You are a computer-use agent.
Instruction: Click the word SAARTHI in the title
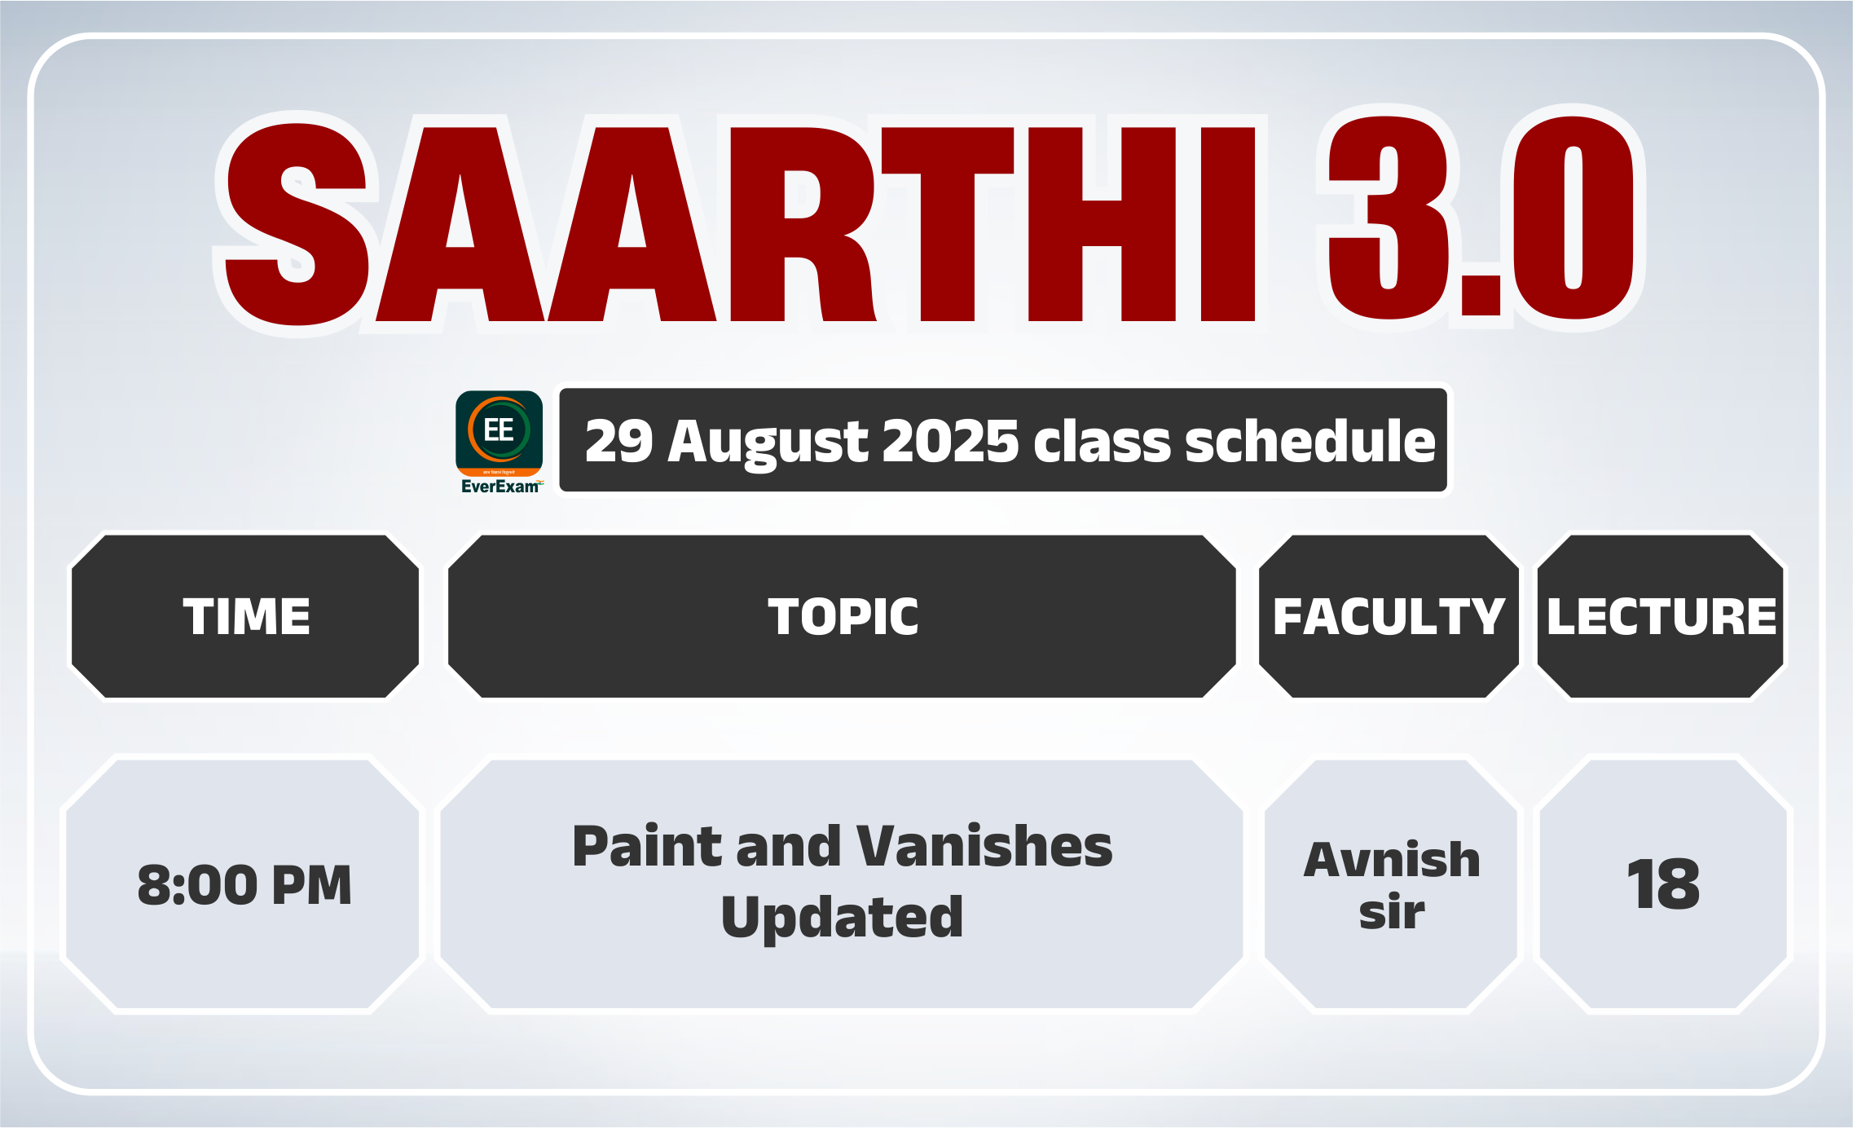pyautogui.click(x=740, y=222)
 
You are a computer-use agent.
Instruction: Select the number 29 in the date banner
pyautogui.click(x=619, y=441)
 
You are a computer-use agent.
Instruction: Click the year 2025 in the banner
pyautogui.click(x=950, y=441)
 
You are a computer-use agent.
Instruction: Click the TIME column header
pyautogui.click(x=246, y=616)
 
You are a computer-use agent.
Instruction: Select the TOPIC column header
pyautogui.click(x=843, y=616)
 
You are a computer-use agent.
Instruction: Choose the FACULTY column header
pyautogui.click(x=1389, y=616)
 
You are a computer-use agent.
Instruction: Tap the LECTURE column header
pyautogui.click(x=1662, y=616)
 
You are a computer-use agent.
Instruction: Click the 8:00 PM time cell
pyautogui.click(x=244, y=885)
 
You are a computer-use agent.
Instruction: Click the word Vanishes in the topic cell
pyautogui.click(x=984, y=846)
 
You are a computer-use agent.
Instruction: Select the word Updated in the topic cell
pyautogui.click(x=843, y=917)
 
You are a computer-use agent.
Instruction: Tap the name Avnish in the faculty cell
pyautogui.click(x=1392, y=860)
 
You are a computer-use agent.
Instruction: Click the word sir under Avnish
pyautogui.click(x=1392, y=912)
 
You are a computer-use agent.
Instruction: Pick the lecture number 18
pyautogui.click(x=1663, y=885)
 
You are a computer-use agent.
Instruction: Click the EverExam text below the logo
pyautogui.click(x=500, y=487)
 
